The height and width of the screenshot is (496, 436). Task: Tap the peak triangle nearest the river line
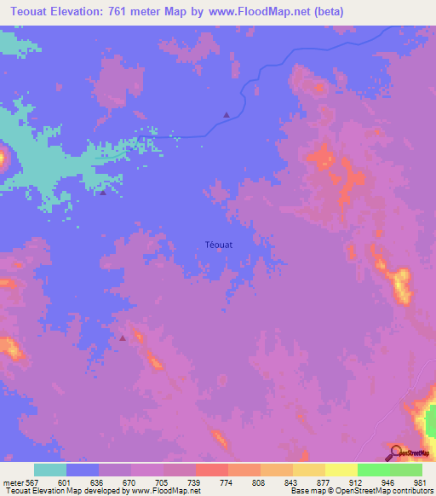(x=227, y=115)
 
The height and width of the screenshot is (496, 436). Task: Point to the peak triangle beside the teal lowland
(x=103, y=193)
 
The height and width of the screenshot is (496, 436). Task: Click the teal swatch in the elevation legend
(x=50, y=470)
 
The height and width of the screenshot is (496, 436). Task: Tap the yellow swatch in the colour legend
(x=341, y=470)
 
